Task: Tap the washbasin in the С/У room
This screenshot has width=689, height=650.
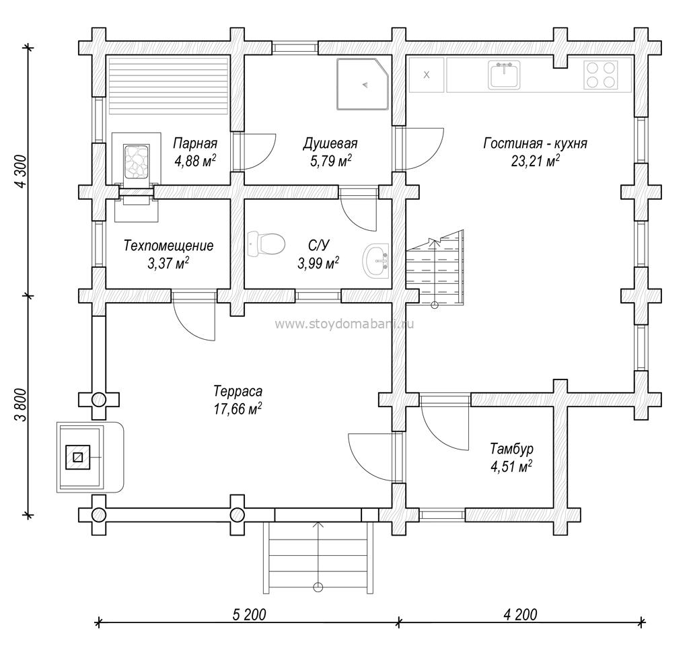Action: [x=375, y=261]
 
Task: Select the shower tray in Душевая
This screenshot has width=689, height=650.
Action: [x=363, y=83]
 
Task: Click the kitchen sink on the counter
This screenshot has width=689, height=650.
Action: [x=504, y=75]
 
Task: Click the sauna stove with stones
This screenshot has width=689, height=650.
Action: [x=137, y=161]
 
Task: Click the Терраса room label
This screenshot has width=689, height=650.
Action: [x=238, y=391]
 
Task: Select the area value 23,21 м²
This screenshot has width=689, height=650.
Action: [x=535, y=161]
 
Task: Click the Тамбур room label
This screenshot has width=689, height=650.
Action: [x=512, y=449]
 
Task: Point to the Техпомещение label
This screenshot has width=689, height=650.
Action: [x=169, y=245]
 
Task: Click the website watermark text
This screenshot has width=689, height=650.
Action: [x=344, y=324]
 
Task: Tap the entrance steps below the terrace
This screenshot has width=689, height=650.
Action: [x=318, y=557]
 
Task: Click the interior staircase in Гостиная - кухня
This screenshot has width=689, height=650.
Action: [x=435, y=267]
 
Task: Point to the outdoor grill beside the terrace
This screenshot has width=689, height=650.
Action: [x=90, y=457]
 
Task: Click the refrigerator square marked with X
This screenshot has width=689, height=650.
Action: [x=426, y=75]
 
